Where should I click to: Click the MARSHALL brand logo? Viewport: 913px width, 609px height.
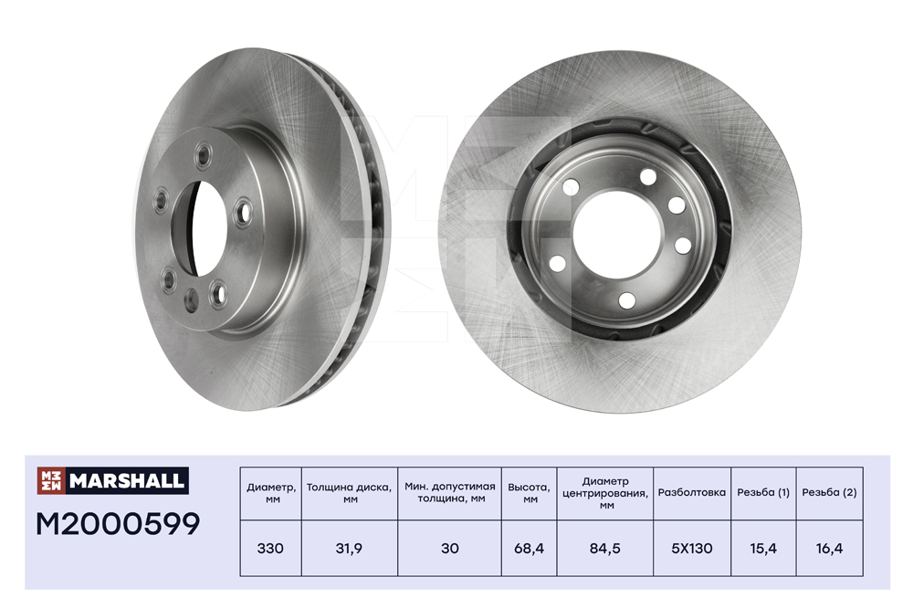pyautogui.click(x=113, y=480)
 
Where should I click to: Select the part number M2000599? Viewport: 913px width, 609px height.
pyautogui.click(x=118, y=524)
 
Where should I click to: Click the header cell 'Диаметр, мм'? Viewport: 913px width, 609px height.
pyautogui.click(x=271, y=493)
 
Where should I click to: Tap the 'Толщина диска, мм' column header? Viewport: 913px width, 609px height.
pyautogui.click(x=350, y=492)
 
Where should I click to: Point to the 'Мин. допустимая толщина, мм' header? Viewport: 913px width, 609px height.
pyautogui.click(x=450, y=492)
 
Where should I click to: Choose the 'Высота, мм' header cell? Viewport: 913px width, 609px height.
pyautogui.click(x=530, y=492)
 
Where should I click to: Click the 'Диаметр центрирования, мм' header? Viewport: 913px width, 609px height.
pyautogui.click(x=605, y=493)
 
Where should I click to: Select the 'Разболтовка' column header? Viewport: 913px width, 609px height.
pyautogui.click(x=692, y=492)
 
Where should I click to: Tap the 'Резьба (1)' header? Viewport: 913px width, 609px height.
pyautogui.click(x=763, y=492)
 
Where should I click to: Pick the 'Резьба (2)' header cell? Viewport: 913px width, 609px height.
pyautogui.click(x=829, y=492)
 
